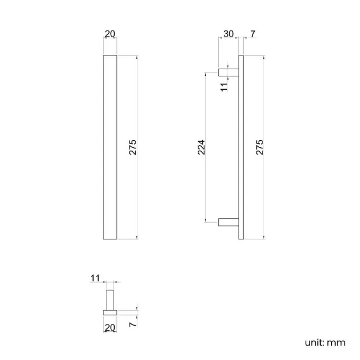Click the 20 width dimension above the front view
(x=110, y=34)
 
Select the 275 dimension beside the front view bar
(x=132, y=147)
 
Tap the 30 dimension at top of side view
(x=228, y=34)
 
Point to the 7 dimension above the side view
(x=253, y=34)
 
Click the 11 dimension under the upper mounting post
(x=224, y=87)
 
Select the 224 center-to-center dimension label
(x=202, y=147)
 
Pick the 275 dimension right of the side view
(x=260, y=147)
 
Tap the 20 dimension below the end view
(x=110, y=328)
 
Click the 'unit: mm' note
(x=325, y=342)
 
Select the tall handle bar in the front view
(x=110, y=147)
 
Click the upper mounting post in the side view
(x=228, y=71)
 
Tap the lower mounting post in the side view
(x=228, y=223)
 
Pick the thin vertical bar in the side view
(x=241, y=147)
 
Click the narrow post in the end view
(x=110, y=300)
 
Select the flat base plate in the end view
(x=110, y=312)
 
